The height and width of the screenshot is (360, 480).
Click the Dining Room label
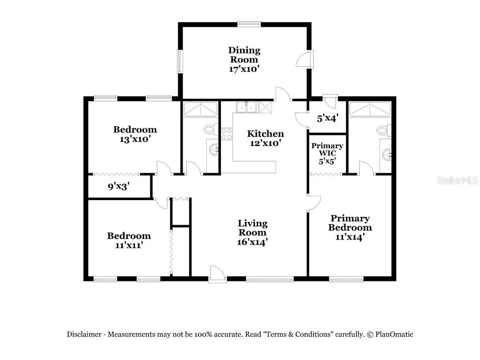(244, 59)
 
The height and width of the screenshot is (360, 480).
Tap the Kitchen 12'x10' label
(265, 138)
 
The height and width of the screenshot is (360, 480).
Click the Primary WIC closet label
(327, 153)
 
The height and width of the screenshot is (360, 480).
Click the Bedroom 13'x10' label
(135, 134)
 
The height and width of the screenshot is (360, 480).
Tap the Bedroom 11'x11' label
(129, 240)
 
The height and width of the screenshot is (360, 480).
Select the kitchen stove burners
(226, 134)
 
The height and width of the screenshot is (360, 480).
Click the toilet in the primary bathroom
(384, 130)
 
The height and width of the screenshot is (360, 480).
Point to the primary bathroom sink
(386, 155)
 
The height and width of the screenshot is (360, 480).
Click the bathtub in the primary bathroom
(369, 110)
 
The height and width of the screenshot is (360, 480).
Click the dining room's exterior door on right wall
(305, 59)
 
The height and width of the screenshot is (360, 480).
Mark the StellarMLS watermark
(457, 180)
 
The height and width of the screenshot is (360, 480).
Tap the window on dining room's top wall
(248, 24)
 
